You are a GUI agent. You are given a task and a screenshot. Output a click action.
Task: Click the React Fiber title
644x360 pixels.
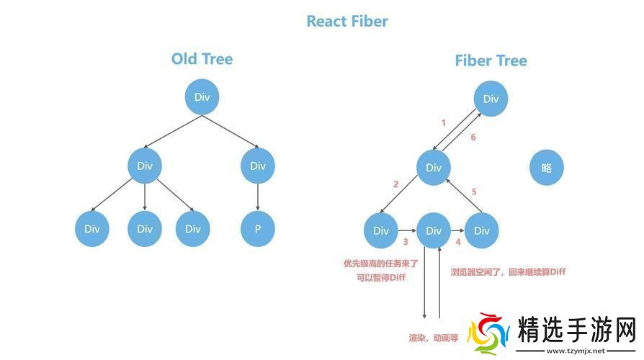347,21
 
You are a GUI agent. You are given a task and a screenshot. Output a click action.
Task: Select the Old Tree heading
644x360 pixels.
202,59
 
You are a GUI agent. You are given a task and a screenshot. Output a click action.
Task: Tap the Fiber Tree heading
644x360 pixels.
491,60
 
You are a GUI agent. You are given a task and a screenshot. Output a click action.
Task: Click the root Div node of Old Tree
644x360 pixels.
202,97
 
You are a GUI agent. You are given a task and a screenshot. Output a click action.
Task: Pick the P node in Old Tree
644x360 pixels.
257,229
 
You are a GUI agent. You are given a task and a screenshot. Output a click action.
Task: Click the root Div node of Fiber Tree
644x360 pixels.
491,99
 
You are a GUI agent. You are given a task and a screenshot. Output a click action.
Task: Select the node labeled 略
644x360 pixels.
546,168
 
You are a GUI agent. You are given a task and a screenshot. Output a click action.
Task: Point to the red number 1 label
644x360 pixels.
443,122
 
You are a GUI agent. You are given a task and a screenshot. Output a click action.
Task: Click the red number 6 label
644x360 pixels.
473,137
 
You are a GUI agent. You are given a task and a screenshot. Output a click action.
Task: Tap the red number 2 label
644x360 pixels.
395,184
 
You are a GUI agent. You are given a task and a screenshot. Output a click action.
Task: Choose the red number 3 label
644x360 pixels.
406,243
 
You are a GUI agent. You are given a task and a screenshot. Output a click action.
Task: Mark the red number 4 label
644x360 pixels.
458,243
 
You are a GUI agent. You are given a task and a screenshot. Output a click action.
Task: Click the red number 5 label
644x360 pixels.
473,192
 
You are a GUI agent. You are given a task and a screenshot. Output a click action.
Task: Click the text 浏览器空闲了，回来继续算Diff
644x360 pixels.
508,272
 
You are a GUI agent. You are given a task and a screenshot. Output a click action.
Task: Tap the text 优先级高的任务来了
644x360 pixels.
381,264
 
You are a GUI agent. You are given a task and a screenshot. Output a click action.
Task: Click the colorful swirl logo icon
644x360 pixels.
488,333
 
